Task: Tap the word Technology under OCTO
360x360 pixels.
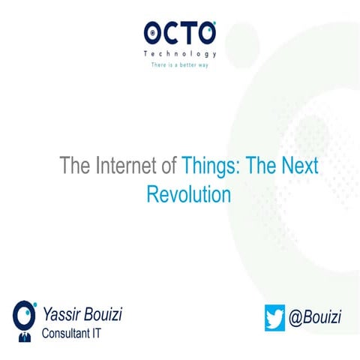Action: (180, 54)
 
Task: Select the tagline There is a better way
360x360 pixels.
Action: (180, 65)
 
